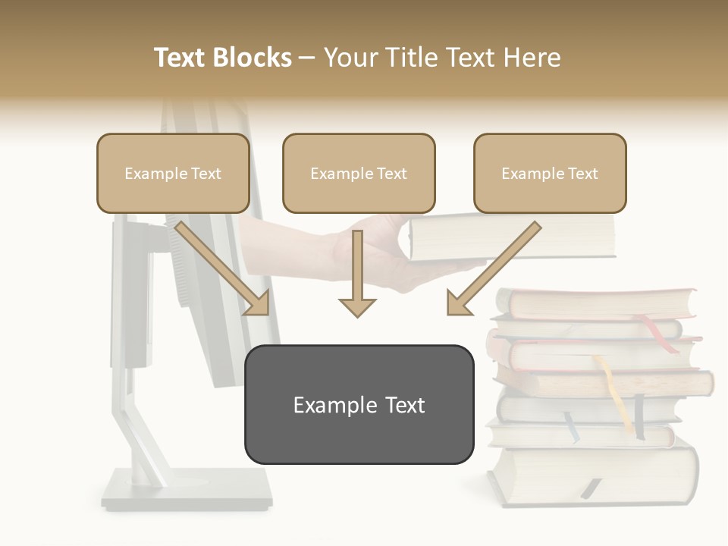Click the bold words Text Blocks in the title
click(222, 58)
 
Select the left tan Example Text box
click(173, 174)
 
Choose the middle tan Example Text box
click(359, 174)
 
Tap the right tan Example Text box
click(550, 174)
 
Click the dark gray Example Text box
click(359, 405)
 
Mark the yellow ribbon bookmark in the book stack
click(611, 387)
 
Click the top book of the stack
click(599, 303)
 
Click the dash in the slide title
click(307, 58)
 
